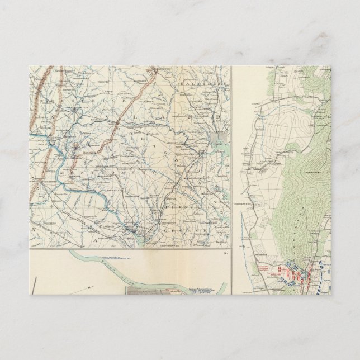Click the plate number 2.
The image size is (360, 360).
226,253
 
